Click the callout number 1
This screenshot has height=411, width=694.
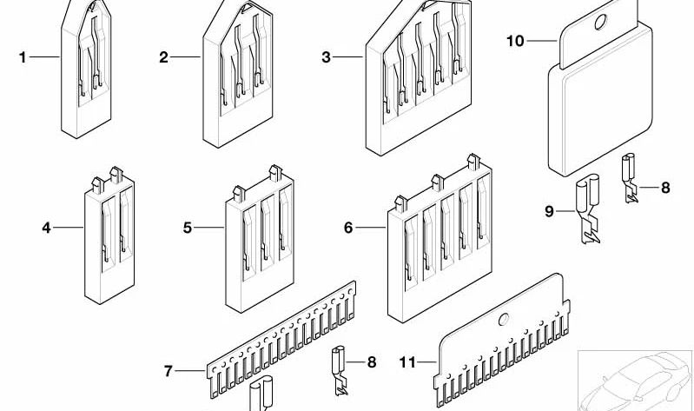point(23,57)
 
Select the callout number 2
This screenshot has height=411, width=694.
point(162,57)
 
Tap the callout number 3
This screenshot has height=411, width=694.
point(326,57)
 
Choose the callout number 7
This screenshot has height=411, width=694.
point(169,372)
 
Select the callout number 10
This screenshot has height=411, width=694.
point(515,40)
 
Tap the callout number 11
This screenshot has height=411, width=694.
point(406,361)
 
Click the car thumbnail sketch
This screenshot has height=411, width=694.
point(636,378)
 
